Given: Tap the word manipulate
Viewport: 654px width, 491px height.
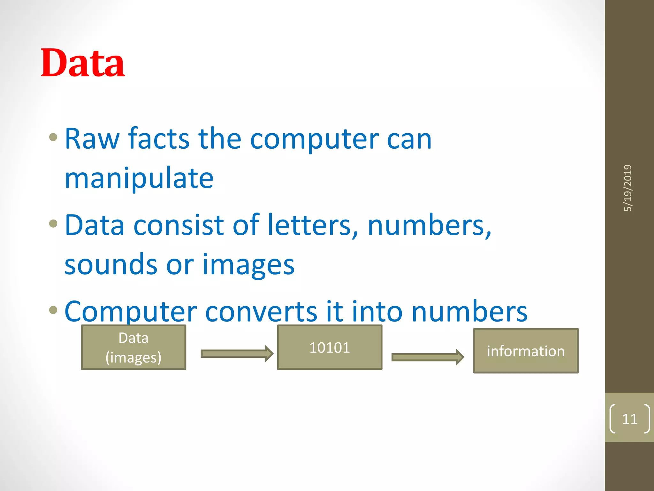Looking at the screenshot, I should click(x=139, y=178).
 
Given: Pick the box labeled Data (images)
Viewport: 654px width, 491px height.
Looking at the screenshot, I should click(x=133, y=347).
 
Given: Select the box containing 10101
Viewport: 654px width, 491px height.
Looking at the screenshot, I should click(x=330, y=347).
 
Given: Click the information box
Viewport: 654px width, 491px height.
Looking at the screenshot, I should click(x=526, y=351).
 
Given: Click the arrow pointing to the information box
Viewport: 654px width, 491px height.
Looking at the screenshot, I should click(x=428, y=357).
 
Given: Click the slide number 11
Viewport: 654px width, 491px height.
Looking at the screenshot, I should click(x=629, y=419).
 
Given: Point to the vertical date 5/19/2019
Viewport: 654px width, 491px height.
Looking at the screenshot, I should click(x=628, y=188).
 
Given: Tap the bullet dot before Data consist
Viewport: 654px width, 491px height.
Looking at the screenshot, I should click(x=53, y=223).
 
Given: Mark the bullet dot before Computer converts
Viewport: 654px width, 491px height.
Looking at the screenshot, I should click(x=53, y=310).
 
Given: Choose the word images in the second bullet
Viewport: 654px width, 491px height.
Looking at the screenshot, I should click(x=248, y=264).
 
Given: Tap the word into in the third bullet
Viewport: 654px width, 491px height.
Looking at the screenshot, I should click(x=377, y=311).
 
